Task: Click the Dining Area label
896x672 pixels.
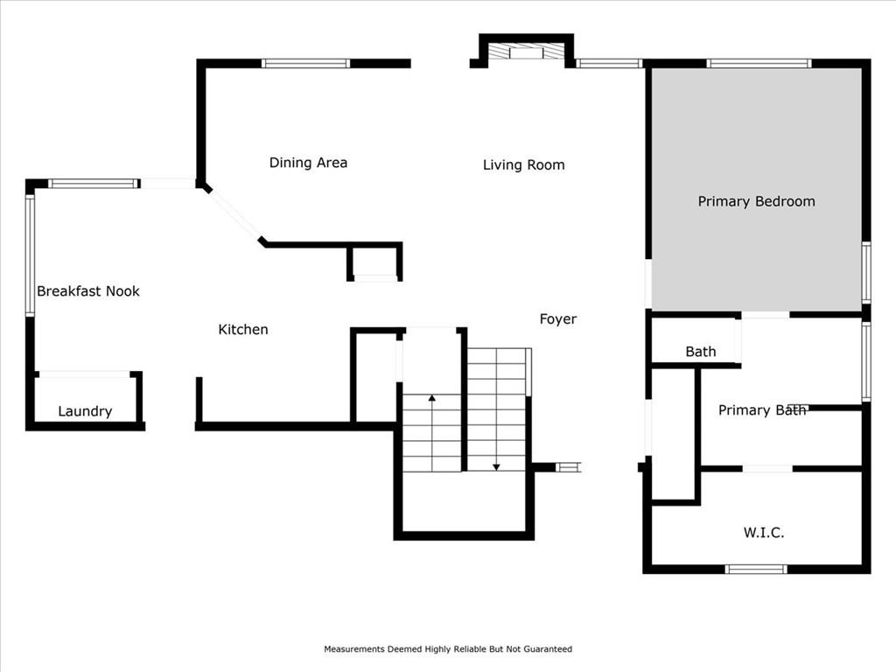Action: (x=308, y=163)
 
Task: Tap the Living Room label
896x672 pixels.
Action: (x=523, y=165)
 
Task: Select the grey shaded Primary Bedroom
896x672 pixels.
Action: (x=757, y=190)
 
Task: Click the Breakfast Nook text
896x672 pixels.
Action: (x=88, y=290)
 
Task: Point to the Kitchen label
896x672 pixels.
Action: (x=243, y=329)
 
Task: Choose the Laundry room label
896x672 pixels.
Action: (x=85, y=411)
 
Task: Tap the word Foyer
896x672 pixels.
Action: (x=557, y=318)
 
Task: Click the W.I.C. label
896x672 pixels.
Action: (x=763, y=533)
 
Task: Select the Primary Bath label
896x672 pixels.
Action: (x=762, y=409)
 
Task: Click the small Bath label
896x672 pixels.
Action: (x=701, y=352)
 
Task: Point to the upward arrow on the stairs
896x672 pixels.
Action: (x=432, y=432)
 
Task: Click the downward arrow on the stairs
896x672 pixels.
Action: (x=496, y=409)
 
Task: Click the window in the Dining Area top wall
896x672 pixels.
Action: (x=305, y=63)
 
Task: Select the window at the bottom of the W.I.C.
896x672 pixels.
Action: (x=756, y=569)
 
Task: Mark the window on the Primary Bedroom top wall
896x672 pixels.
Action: (x=759, y=63)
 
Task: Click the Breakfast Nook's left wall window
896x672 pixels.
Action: (x=30, y=255)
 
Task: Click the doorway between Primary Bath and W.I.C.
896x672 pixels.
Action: (x=767, y=469)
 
